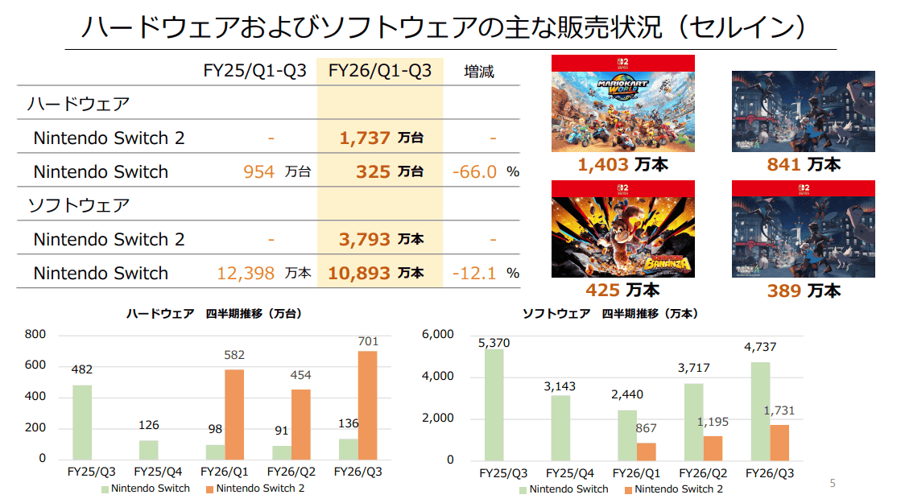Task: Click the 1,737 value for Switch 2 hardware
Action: pos(365,138)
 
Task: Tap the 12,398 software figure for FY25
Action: pos(246,274)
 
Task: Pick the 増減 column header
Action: pos(479,72)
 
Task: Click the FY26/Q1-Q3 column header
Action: pos(379,72)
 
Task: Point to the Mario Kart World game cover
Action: pos(622,104)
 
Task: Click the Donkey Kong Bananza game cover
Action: pos(622,229)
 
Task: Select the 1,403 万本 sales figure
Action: pos(622,165)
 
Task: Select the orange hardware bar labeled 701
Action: pos(366,405)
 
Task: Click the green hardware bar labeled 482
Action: pos(82,422)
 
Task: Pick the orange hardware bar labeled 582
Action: pos(234,414)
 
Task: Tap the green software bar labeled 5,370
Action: pos(494,404)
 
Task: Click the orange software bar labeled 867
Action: pos(646,451)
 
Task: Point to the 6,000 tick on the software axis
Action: pos(438,335)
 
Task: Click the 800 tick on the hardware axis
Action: pos(35,335)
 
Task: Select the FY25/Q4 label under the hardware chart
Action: pos(159,472)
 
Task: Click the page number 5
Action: pos(833,484)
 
